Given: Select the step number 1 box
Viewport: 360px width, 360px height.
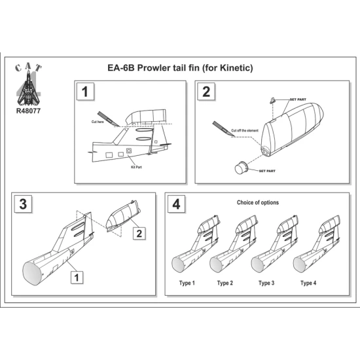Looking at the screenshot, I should [x=84, y=92].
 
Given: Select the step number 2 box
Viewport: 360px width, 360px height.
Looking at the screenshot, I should [x=207, y=92].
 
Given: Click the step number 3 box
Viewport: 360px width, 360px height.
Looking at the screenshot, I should [x=23, y=204].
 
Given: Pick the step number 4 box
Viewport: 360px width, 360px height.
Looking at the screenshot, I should [x=176, y=204].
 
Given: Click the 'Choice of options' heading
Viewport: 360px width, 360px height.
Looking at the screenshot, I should [x=257, y=202].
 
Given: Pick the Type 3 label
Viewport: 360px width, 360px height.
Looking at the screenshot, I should [x=266, y=283].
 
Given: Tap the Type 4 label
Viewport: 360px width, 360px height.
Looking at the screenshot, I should [x=308, y=283].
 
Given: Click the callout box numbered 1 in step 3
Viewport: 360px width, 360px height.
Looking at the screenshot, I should [x=77, y=276].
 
